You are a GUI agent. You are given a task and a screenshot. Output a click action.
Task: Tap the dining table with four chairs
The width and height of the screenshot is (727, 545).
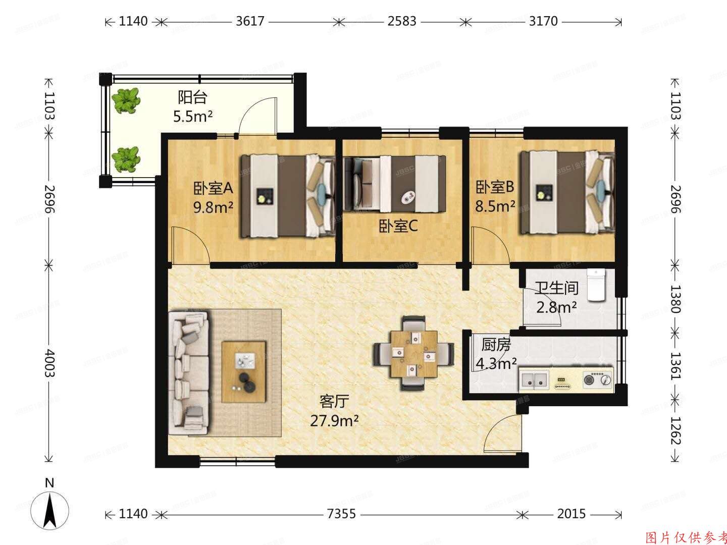[x=413, y=353]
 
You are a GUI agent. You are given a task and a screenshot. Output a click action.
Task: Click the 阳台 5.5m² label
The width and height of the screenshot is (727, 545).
[x=193, y=106]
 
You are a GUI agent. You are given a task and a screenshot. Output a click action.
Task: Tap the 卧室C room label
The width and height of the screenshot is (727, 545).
[x=398, y=227]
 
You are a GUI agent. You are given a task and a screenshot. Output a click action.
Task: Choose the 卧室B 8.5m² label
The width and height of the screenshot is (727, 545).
[x=495, y=196]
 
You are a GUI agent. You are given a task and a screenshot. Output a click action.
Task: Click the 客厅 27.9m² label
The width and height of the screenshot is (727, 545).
[x=334, y=411]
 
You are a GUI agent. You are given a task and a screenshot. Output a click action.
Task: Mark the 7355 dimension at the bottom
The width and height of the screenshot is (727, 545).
[x=341, y=514]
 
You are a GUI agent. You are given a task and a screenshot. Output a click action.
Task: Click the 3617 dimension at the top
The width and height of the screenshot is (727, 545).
[x=250, y=21]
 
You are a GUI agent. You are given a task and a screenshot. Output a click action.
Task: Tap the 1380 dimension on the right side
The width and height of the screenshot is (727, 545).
[x=675, y=299]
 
